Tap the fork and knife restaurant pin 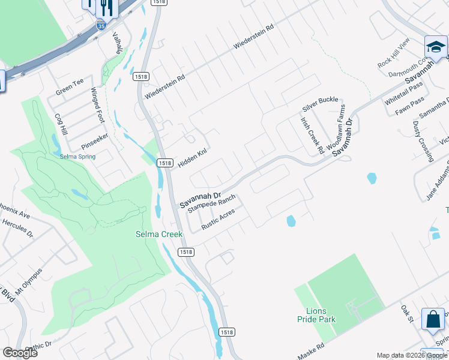[106, 7]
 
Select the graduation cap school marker [436, 47]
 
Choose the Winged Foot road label [97, 105]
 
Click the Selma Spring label [78, 157]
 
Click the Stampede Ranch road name [211, 205]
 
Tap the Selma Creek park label [154, 234]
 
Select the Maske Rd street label [312, 349]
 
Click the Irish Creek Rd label [312, 134]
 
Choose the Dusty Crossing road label [423, 141]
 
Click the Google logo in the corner [20, 352]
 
